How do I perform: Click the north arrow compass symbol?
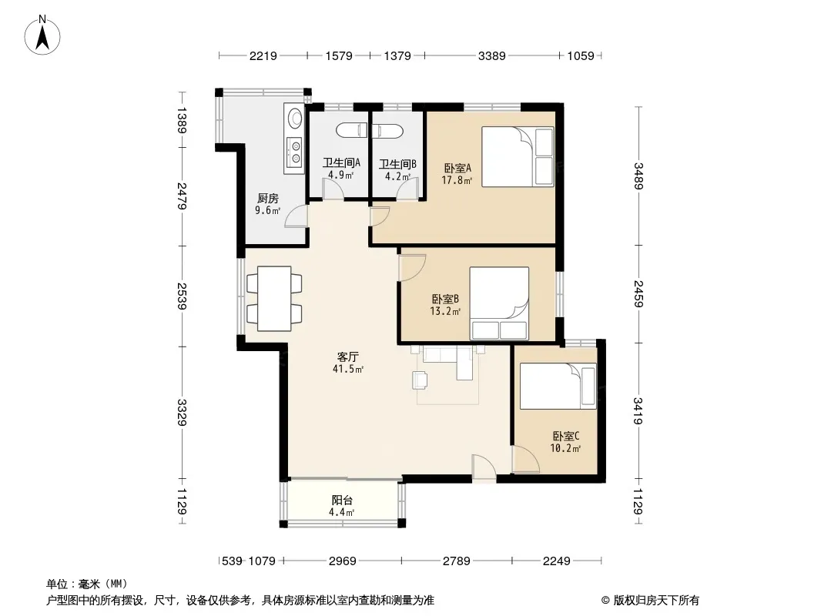[x=42, y=35]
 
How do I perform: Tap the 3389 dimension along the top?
[x=491, y=55]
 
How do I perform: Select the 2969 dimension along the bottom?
[x=343, y=561]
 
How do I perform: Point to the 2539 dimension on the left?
[x=182, y=296]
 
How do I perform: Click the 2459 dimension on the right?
[x=638, y=293]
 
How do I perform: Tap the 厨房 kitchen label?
[x=267, y=199]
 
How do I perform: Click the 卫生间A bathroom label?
[x=341, y=162]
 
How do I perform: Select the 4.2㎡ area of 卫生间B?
[x=398, y=176]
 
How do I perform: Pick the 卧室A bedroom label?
[x=457, y=168]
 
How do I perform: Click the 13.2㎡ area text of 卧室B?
[x=445, y=311]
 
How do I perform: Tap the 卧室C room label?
[x=566, y=436]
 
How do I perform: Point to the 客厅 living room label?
[x=347, y=357]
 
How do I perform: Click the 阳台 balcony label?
[x=342, y=500]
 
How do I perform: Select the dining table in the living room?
[x=274, y=298]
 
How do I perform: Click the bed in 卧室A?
[x=518, y=156]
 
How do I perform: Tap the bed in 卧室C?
[x=558, y=387]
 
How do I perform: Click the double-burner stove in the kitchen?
[x=296, y=151]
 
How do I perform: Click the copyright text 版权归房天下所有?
[x=656, y=601]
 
